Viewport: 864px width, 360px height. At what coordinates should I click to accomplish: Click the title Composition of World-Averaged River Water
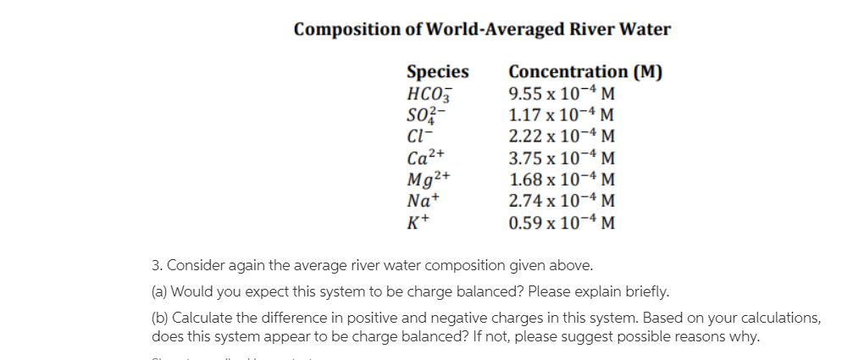pyautogui.click(x=482, y=30)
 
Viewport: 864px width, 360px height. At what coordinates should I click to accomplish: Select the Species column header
pyautogui.click(x=437, y=72)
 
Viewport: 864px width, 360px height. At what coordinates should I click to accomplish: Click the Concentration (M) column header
pyautogui.click(x=585, y=72)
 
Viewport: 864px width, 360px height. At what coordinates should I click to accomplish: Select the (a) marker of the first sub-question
pyautogui.click(x=159, y=293)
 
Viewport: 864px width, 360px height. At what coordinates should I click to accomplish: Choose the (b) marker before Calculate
pyautogui.click(x=159, y=319)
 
